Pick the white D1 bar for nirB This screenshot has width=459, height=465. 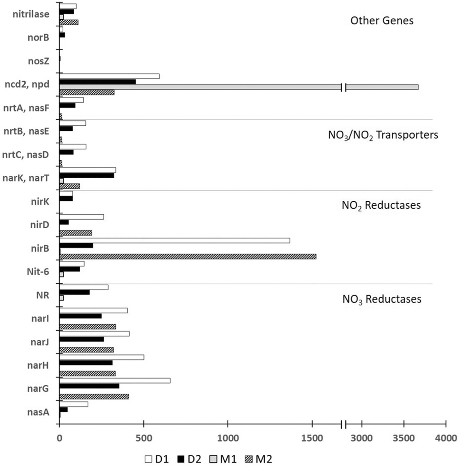click(x=174, y=240)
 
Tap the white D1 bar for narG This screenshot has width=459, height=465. click(x=115, y=381)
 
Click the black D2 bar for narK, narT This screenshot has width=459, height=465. click(x=86, y=176)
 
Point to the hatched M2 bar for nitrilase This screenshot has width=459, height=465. click(x=69, y=22)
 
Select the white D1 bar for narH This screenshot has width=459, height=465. click(x=101, y=357)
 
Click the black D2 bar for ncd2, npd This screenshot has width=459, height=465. click(x=97, y=82)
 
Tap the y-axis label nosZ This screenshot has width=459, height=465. click(x=38, y=61)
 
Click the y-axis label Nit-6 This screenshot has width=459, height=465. click(x=38, y=272)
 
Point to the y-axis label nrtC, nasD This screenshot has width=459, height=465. click(x=25, y=154)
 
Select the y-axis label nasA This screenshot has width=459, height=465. click(x=38, y=412)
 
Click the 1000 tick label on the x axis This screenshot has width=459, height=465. click(x=228, y=438)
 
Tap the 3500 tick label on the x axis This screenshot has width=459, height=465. click(x=403, y=438)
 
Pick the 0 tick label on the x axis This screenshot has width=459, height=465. click(x=59, y=438)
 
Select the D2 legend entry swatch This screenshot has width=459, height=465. click(x=181, y=459)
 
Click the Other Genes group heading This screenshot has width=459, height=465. click(x=382, y=21)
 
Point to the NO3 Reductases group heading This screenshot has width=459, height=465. click(x=382, y=299)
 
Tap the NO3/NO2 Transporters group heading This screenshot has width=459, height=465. click(x=383, y=135)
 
